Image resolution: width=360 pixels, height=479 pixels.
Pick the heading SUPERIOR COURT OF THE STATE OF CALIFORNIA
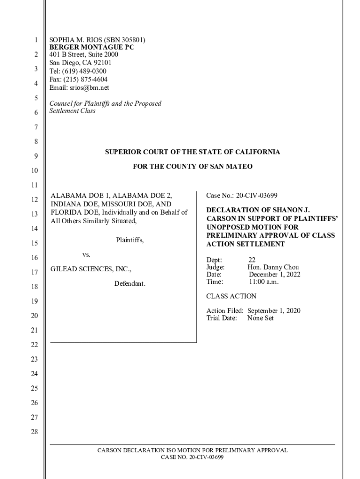pos(192,152)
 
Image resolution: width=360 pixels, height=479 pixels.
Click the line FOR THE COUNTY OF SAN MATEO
pos(192,167)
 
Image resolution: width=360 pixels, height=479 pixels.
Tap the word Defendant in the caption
pos(130,283)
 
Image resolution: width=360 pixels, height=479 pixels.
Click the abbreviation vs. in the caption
pos(86,254)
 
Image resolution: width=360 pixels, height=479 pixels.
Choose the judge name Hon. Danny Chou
pos(273,267)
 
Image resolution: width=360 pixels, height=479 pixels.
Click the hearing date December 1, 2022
pos(274,275)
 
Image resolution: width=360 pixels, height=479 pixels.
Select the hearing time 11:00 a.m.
pos(263,282)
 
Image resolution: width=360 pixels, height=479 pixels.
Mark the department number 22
pos(252,260)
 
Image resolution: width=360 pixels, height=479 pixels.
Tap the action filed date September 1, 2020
pos(274,311)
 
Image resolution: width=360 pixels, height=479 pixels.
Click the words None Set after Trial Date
pos(260,318)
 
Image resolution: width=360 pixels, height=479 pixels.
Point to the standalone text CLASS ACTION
pos(231,296)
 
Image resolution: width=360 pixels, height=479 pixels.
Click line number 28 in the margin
pos(34,431)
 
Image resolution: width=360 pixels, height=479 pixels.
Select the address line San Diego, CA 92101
pos(80,63)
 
